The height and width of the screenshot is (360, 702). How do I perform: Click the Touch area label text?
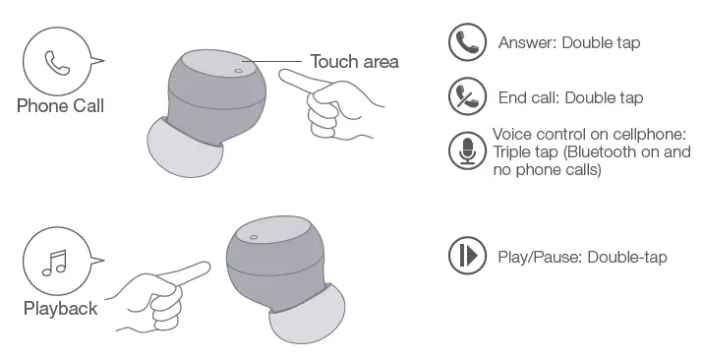coord(354,62)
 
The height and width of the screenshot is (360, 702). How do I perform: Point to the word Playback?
coord(60,309)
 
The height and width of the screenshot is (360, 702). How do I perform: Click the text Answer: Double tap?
coord(569,43)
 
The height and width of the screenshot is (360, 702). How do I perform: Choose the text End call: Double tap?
coord(569,98)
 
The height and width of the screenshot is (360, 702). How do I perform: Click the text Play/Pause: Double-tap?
coord(582,257)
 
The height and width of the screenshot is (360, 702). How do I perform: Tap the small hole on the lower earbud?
coord(253,237)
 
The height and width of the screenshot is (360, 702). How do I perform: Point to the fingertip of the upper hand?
coord(282,75)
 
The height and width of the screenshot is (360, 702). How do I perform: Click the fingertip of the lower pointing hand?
coord(206,264)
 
